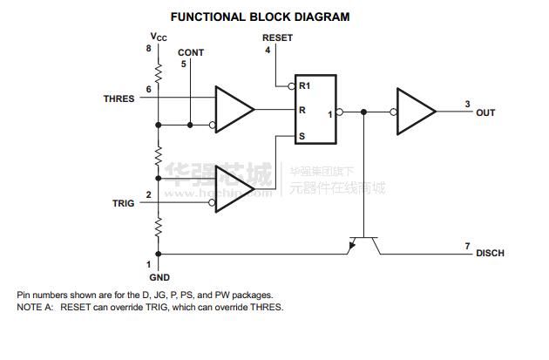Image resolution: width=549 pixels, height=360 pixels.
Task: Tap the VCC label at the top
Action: coord(158,37)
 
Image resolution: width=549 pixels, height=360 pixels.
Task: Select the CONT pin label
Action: coord(190,52)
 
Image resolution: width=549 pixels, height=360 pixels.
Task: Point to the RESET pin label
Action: coord(277,38)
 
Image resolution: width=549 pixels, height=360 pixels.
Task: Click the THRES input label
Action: coord(119,99)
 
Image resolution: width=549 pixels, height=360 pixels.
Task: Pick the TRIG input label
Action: coord(123,203)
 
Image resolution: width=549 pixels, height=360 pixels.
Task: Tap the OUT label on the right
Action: coord(485,112)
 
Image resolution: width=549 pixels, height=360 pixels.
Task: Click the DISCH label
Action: coord(490,254)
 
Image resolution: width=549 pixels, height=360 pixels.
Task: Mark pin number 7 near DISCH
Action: coord(468,246)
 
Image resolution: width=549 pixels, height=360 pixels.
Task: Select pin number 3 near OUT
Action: coord(467,104)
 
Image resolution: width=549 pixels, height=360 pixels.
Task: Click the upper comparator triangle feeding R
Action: coord(234,110)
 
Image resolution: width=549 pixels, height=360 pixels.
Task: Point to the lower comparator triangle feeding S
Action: coord(234,187)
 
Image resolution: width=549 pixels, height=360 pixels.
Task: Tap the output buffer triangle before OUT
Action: coord(416,111)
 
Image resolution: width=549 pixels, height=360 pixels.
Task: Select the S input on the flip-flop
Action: coord(302,136)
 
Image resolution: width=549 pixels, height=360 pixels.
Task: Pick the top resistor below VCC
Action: coord(159,69)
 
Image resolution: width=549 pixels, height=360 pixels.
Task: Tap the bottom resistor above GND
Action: coord(159,228)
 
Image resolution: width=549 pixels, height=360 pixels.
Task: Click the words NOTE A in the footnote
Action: coord(35,307)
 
